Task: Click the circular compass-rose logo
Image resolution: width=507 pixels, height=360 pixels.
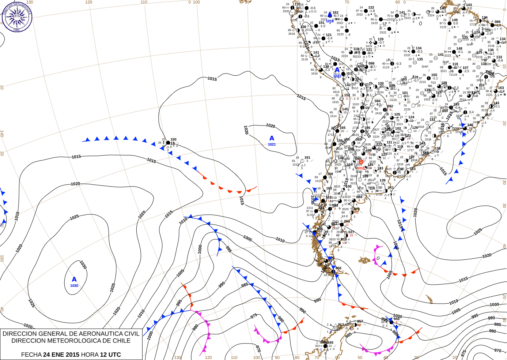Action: coord(17,17)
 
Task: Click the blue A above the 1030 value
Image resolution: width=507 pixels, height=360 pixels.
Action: coord(74,280)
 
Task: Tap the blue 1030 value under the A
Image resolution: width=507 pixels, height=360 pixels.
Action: coord(74,286)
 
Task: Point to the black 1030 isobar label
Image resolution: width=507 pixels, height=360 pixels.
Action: coord(83,265)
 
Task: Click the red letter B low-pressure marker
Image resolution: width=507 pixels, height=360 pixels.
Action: coord(361,162)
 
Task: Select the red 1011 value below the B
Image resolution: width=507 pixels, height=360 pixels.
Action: coord(361,168)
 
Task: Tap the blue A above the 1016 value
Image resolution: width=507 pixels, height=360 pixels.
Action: coord(330,15)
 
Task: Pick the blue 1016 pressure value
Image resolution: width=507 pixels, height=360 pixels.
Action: coord(330,21)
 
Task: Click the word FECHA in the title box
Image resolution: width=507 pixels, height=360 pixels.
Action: coord(31,355)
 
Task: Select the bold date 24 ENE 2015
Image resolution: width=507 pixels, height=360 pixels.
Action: coord(61,355)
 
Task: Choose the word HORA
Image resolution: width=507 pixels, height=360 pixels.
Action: coord(90,355)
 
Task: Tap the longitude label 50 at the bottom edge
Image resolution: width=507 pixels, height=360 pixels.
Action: coord(360,357)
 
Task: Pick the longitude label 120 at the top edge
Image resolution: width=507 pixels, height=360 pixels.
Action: coord(88,2)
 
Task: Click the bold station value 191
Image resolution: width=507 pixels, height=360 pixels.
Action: coord(307,158)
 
